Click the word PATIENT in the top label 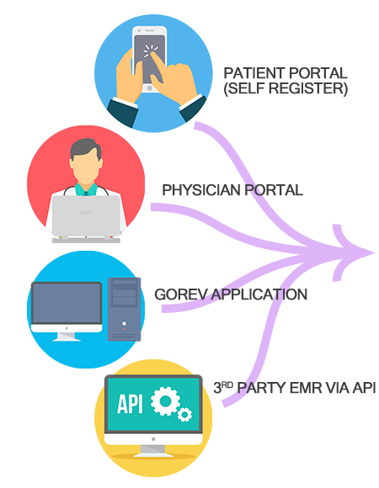254,73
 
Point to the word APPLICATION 259,294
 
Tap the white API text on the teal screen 130,404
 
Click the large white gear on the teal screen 165,400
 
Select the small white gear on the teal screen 185,414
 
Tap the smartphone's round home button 149,88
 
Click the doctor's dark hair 86,150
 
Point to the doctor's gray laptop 86,216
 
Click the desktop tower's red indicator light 125,329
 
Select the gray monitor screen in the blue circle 67,304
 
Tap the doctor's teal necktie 86,194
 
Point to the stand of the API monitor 153,451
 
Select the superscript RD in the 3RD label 227,385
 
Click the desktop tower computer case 125,310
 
